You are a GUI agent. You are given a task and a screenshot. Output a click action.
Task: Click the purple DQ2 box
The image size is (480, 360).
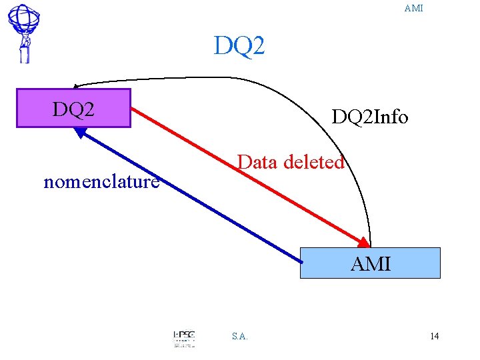click(73, 108)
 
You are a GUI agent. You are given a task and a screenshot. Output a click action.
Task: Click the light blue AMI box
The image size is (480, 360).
click(370, 263)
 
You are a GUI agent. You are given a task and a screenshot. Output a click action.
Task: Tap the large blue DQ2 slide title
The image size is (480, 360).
click(239, 46)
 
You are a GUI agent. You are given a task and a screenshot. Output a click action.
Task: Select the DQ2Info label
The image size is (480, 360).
click(370, 117)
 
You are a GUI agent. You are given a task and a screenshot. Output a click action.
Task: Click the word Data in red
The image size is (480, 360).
click(258, 162)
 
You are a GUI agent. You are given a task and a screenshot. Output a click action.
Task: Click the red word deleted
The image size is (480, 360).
click(314, 162)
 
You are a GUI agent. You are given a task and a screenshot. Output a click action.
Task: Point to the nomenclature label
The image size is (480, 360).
click(101, 181)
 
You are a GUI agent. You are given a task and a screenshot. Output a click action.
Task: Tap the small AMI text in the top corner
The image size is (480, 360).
click(413, 9)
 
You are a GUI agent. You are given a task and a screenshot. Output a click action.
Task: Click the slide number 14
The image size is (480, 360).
click(434, 336)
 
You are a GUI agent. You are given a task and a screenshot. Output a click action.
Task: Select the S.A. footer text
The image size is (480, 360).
click(240, 337)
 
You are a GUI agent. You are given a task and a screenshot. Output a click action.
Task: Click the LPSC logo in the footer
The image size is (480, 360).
click(184, 338)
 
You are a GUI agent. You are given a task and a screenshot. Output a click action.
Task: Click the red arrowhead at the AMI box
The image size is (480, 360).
click(363, 242)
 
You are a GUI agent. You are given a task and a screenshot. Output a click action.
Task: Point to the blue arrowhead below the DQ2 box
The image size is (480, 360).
click(81, 132)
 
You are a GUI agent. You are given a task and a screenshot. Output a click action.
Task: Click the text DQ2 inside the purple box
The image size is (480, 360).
click(73, 108)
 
